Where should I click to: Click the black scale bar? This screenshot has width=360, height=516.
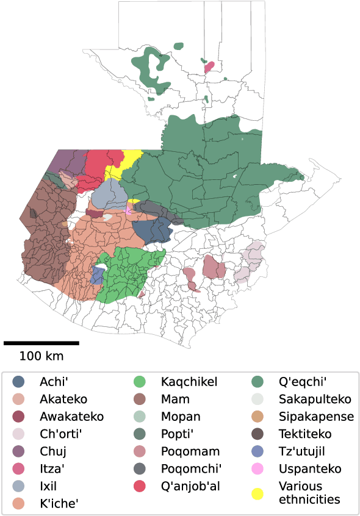41,343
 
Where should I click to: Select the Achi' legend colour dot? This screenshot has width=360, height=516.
20,382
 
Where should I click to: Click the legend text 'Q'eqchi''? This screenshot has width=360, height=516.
303,382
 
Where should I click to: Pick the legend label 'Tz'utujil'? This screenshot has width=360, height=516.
303,452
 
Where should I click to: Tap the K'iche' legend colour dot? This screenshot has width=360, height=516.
20,503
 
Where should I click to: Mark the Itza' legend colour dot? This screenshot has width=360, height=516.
20,469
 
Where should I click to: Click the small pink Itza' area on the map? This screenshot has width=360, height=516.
209,66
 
